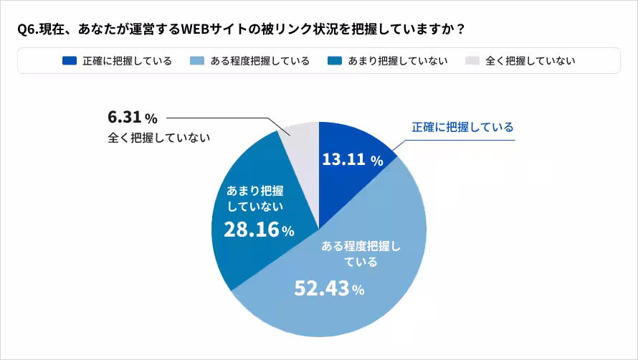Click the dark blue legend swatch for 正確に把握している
tap(70, 61)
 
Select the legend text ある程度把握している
tap(260, 61)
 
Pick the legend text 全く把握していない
tap(530, 61)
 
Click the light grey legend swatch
tap(472, 61)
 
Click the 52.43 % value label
tap(330, 288)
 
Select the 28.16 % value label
tap(259, 230)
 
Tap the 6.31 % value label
tap(132, 118)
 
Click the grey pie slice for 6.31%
tap(300, 140)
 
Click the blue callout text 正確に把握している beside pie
tap(462, 127)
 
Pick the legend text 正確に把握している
tap(127, 61)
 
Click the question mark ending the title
tap(460, 29)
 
